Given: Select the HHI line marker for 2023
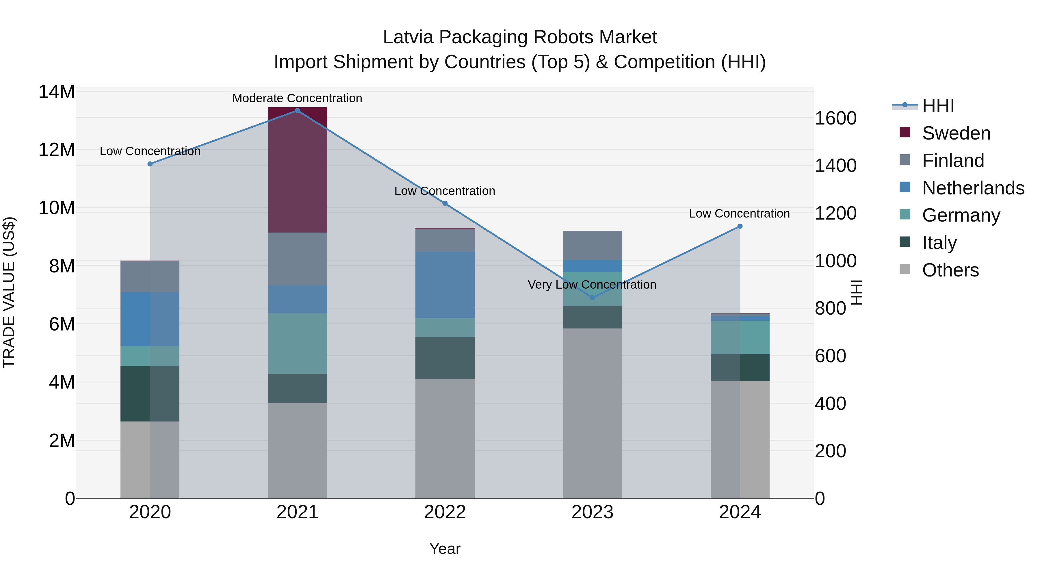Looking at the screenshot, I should point(592,298).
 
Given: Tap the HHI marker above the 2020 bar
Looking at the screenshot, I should point(150,164).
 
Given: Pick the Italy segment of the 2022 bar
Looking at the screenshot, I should point(445,358).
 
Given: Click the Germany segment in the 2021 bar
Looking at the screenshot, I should point(298,343).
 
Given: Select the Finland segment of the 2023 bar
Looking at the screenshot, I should point(592,246).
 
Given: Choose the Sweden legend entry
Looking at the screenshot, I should point(956,133).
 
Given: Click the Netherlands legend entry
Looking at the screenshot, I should point(973,188).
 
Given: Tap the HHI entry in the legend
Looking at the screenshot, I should point(937,106).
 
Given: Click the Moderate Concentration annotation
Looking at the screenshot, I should point(297,98).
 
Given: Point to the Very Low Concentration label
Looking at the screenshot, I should point(592,285).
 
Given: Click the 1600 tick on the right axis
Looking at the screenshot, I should point(835,118).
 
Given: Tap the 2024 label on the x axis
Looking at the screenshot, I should point(740,512).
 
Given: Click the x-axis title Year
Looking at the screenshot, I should point(445,549).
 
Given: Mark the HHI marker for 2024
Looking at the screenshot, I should point(740,226).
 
